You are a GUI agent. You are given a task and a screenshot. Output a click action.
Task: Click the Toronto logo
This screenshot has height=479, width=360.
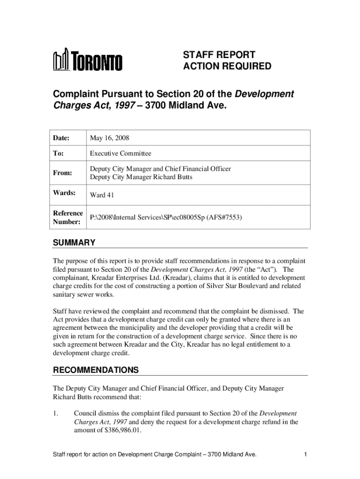88,61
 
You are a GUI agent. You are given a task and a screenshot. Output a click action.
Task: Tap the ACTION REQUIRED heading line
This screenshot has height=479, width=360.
227,66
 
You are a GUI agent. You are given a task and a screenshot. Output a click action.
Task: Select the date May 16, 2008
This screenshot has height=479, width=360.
109,138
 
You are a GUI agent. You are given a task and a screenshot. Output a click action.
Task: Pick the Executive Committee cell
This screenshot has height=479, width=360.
121,153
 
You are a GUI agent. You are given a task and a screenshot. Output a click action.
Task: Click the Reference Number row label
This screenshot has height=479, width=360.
68,218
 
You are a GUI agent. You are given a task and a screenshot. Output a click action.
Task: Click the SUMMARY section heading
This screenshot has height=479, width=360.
74,242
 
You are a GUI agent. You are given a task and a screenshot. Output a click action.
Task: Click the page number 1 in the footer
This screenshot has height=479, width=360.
304,454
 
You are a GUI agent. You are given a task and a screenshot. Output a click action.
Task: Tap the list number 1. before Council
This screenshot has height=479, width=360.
56,414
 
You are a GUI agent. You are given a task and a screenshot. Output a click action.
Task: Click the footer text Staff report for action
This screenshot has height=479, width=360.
85,454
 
